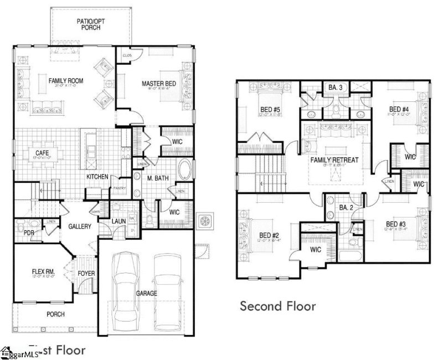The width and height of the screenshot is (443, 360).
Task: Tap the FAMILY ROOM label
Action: click(x=66, y=81)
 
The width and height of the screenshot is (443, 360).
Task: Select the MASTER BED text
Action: click(x=158, y=84)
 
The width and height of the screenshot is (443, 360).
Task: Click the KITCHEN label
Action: click(x=97, y=177)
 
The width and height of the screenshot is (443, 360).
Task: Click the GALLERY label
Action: click(x=80, y=227)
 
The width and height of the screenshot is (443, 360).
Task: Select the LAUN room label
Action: click(x=119, y=222)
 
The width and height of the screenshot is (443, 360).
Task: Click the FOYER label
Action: click(x=86, y=273)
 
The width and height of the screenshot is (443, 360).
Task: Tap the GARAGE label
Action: click(x=146, y=293)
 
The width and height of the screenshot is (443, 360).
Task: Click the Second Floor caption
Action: click(x=277, y=306)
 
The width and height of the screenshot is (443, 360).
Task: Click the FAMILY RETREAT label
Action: click(x=334, y=160)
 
